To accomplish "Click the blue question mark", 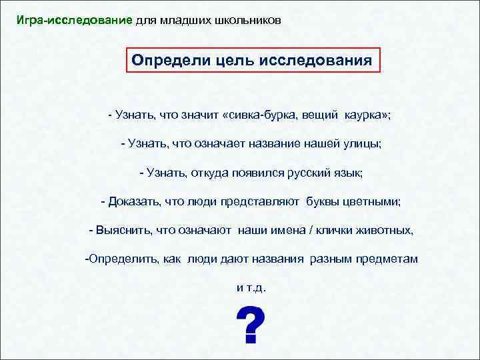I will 251,326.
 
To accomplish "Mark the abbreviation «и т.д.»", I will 251,287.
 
